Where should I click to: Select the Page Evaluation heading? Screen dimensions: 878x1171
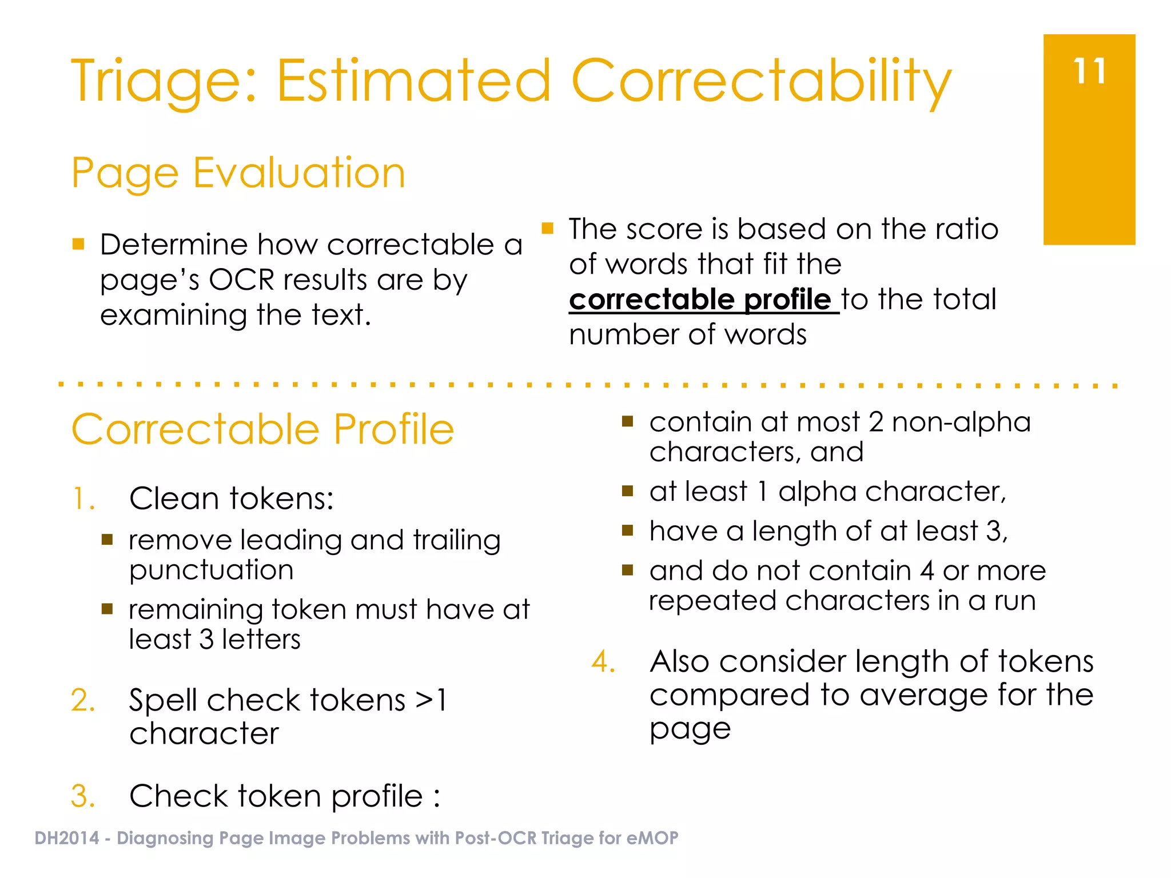(238, 173)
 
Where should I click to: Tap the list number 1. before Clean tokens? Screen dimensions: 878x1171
(83, 498)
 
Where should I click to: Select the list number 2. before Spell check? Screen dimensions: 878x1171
(83, 700)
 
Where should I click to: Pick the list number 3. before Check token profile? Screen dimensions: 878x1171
(83, 796)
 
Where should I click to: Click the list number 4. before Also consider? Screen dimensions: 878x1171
(604, 662)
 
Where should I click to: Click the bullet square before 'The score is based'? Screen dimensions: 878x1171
(547, 229)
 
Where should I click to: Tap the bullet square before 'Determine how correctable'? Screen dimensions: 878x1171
(78, 245)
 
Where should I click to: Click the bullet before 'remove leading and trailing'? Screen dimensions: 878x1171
(107, 540)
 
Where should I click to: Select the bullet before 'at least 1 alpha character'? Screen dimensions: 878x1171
(627, 491)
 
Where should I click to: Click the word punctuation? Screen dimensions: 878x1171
(211, 570)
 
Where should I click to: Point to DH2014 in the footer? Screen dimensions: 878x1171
(67, 838)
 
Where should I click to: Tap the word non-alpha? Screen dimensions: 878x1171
(961, 422)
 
